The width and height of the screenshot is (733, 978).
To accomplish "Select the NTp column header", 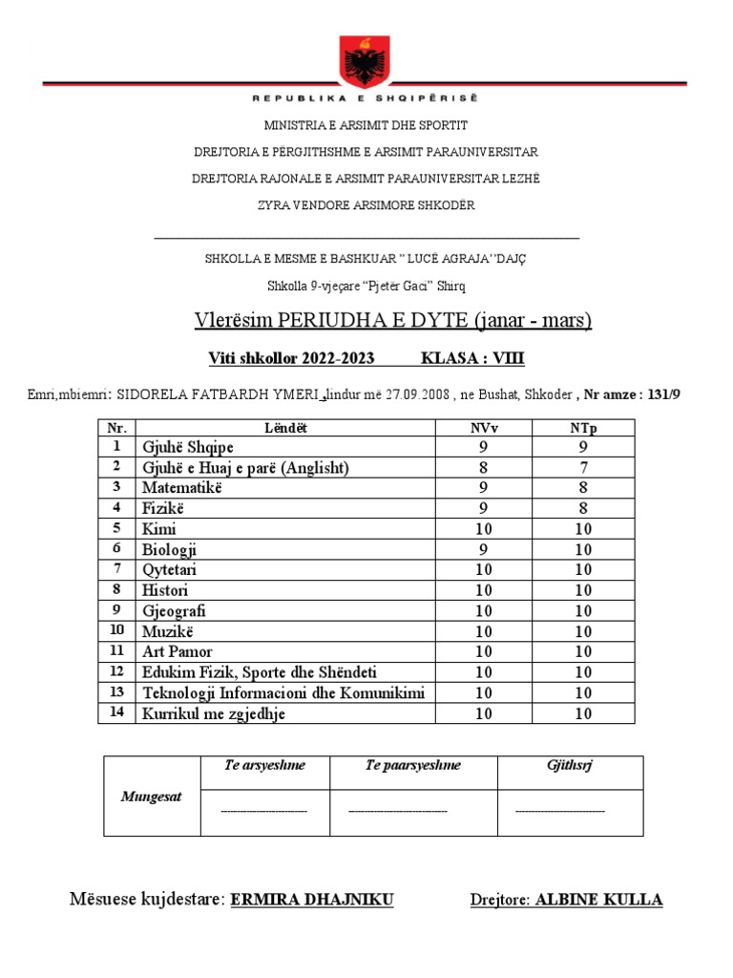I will tap(581, 428).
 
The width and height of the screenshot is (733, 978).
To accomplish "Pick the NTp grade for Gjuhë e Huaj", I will tap(581, 467).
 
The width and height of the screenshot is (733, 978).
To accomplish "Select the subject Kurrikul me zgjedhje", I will tap(214, 713).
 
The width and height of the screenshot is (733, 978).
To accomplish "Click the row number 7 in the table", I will tap(116, 569).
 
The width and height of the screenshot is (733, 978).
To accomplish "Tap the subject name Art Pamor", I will tap(178, 651).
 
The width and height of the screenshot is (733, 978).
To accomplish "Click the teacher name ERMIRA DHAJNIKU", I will tap(312, 900).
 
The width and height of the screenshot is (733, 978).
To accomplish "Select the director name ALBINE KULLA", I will tap(599, 900).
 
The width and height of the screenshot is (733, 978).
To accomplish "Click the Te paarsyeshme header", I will tap(398, 765).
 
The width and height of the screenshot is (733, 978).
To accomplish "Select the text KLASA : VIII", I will tap(472, 359).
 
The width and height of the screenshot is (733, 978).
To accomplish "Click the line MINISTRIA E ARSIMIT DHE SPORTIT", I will tap(366, 125).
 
